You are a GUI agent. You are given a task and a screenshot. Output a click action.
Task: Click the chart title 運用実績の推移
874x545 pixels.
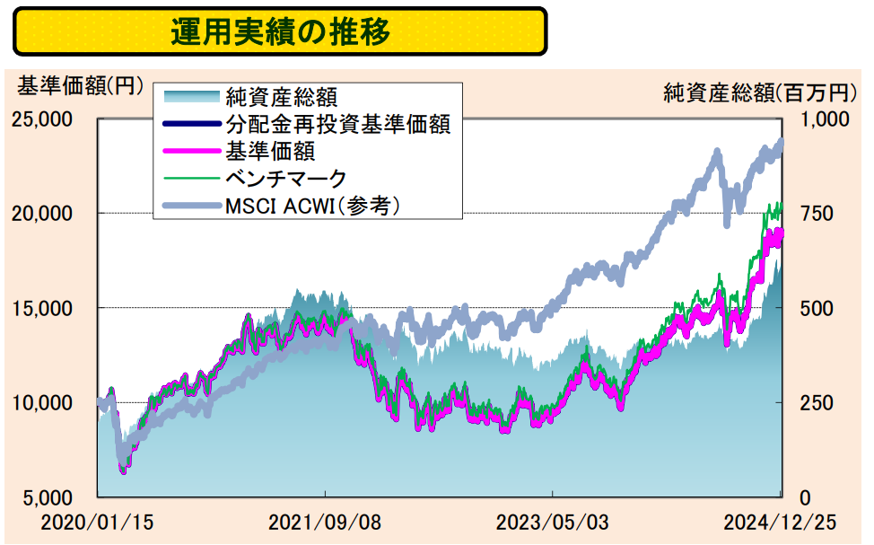280,32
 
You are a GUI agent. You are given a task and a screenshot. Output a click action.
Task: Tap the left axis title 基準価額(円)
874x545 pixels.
80,87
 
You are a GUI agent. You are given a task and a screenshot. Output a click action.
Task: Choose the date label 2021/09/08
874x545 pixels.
325,521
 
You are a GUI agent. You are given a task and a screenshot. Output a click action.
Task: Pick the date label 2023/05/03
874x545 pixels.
553,521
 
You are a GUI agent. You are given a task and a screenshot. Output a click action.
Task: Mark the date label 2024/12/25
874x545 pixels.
780,521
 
